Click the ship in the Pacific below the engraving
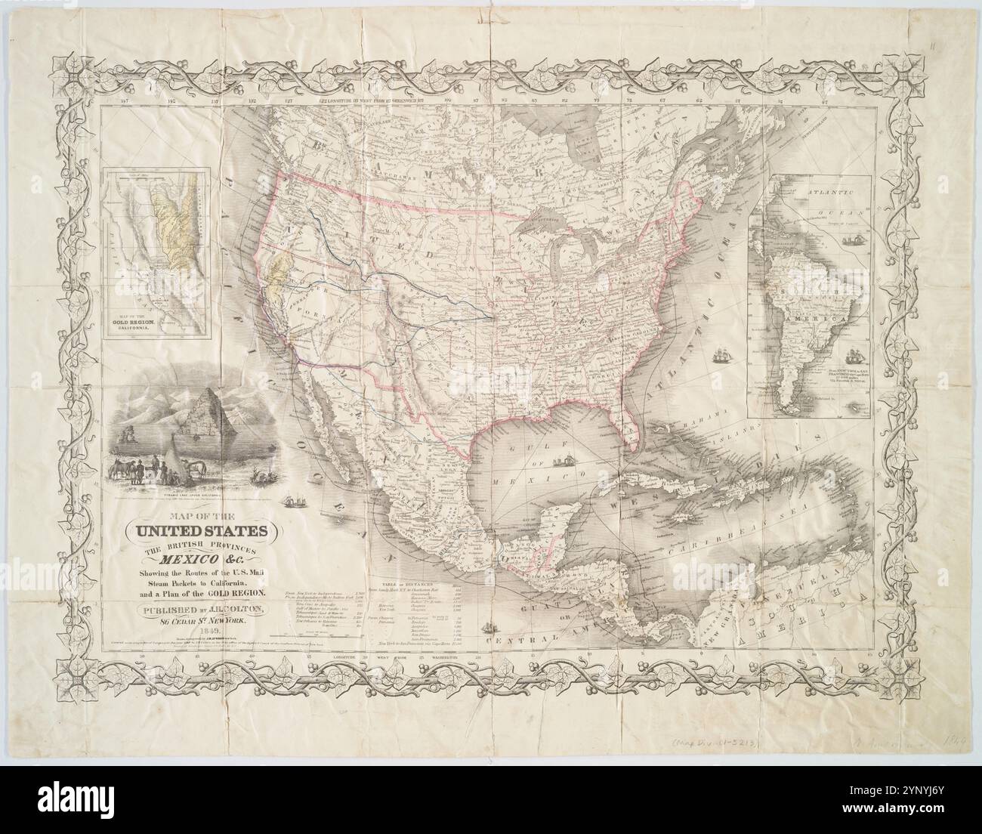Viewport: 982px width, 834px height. [x=300, y=501]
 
